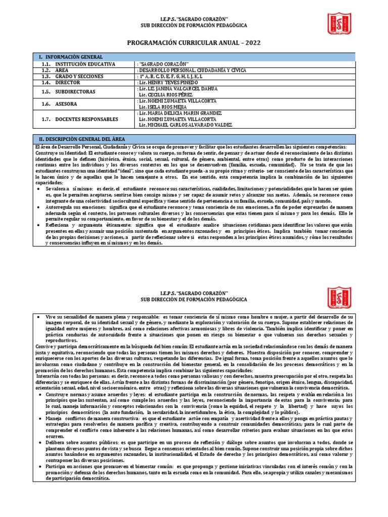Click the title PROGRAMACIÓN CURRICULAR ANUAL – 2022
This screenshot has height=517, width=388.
click(x=194, y=43)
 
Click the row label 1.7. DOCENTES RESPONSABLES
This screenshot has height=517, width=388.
click(x=80, y=119)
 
